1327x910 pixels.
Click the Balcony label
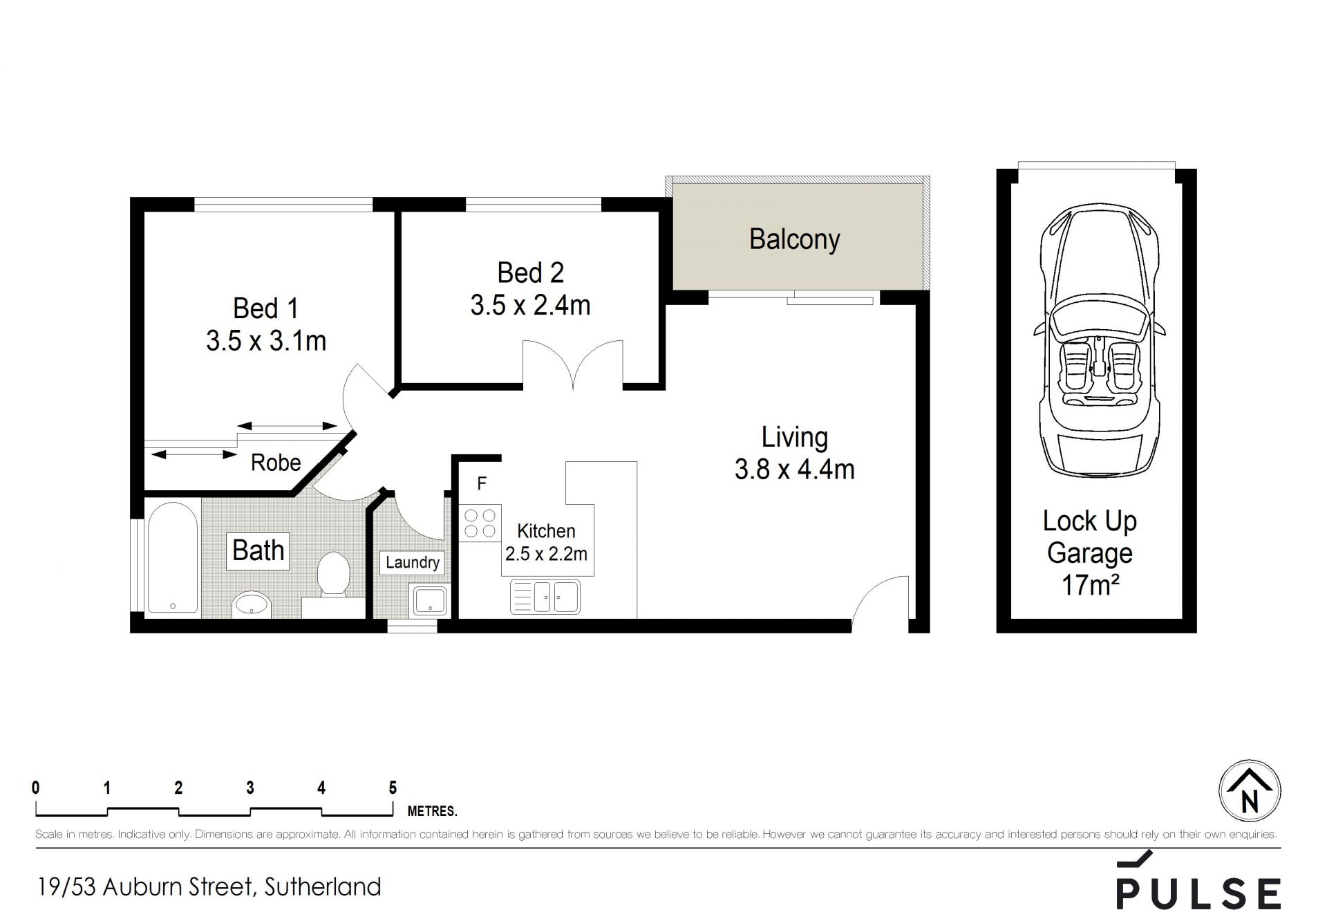click(794, 239)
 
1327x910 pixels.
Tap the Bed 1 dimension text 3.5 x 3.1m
click(266, 341)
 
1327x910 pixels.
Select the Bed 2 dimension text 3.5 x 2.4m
click(530, 305)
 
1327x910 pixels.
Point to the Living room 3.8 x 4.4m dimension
click(794, 470)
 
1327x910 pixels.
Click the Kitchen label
click(546, 531)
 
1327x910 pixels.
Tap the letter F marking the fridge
click(482, 483)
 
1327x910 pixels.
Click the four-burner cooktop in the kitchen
click(480, 523)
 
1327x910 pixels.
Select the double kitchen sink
click(545, 597)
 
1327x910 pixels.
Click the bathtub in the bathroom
click(172, 557)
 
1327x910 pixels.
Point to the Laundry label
click(413, 562)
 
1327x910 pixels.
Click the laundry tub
click(429, 600)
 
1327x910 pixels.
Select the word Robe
click(276, 463)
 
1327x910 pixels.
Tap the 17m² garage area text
click(1090, 586)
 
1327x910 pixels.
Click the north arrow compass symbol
click(1250, 791)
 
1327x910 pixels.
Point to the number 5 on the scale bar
click(393, 788)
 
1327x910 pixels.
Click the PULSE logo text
click(1199, 893)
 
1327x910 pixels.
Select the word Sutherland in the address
click(322, 886)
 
